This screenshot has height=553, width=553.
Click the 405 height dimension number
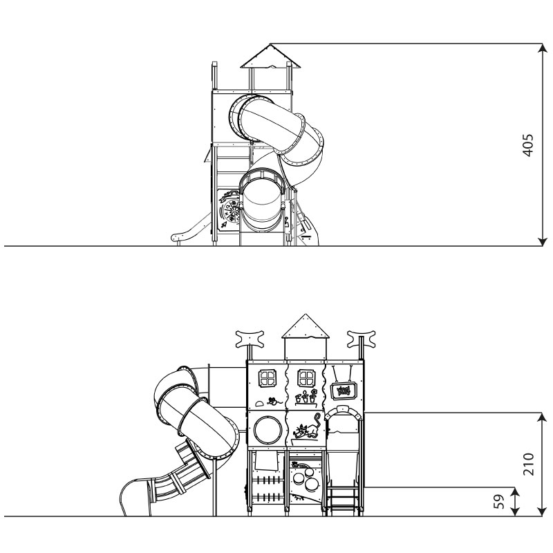point(527,145)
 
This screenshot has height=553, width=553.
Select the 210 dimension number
point(528,464)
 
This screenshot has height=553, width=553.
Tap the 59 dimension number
point(499,502)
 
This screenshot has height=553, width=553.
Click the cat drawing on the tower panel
point(306,427)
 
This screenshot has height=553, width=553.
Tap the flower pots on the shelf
point(306,397)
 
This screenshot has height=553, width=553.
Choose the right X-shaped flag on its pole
point(361,339)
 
